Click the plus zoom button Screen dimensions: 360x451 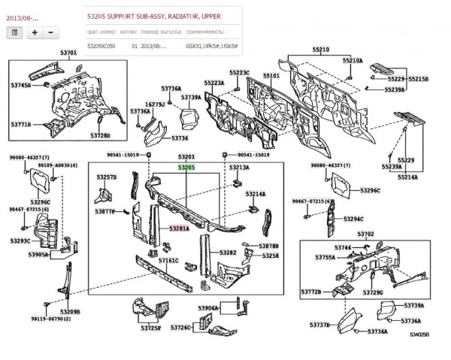point(35,32)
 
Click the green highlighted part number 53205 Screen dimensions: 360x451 point(186,168)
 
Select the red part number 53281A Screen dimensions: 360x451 point(178,226)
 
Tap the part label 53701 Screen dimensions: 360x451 point(68,52)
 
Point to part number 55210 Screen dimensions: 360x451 point(321,49)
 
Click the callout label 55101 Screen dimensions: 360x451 point(271,76)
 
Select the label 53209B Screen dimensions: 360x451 point(69,311)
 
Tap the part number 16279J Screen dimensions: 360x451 point(154,104)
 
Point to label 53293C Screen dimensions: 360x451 point(20,241)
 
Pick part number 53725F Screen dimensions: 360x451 point(150,328)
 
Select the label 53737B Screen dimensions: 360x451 point(319,325)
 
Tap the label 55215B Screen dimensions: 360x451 point(417,78)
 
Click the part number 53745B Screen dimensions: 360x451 point(20,86)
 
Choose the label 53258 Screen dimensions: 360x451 point(271,256)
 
